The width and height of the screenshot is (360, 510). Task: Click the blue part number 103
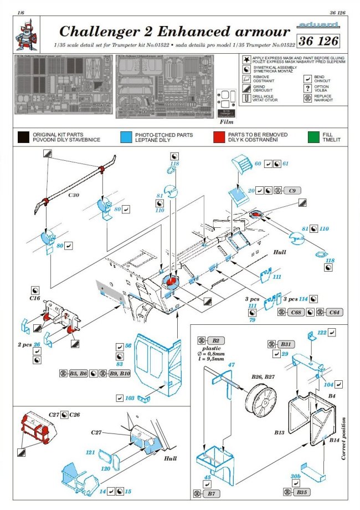(130, 398)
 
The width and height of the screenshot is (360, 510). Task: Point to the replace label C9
(291, 191)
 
